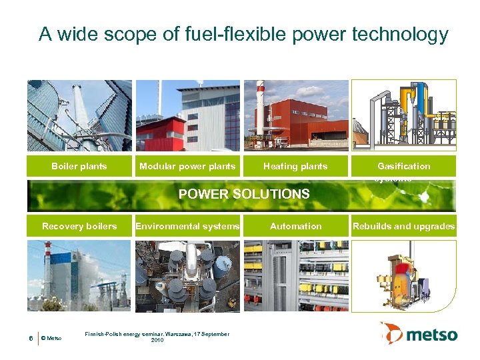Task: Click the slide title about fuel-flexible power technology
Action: click(x=243, y=34)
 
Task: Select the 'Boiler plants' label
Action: click(x=79, y=166)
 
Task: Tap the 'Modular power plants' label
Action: click(x=187, y=166)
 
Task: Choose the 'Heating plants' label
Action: click(x=295, y=166)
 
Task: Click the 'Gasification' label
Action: click(x=403, y=166)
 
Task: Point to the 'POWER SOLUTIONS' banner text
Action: click(x=243, y=195)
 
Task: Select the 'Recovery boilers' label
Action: click(x=79, y=226)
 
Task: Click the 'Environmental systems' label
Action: click(x=187, y=226)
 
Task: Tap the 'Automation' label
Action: click(x=295, y=226)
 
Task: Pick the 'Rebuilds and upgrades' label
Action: click(x=403, y=226)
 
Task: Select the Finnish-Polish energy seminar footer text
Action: click(x=157, y=337)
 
